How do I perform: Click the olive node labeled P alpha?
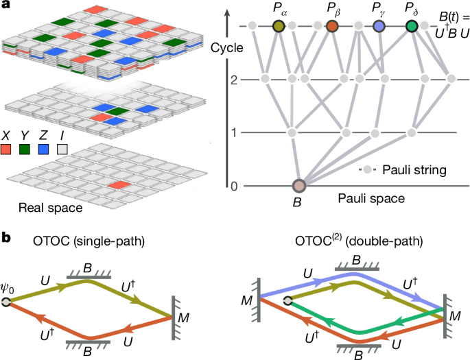279,27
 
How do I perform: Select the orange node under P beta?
332,27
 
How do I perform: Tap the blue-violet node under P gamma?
378,27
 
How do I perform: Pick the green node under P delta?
412,27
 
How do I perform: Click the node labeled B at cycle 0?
299,186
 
